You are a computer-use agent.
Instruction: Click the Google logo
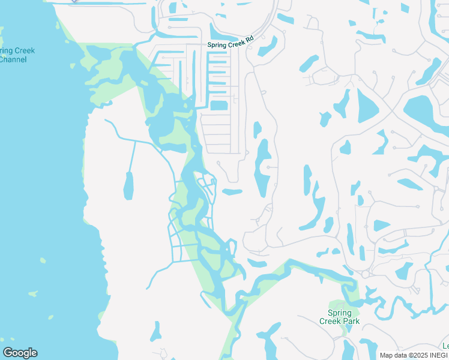coord(20,353)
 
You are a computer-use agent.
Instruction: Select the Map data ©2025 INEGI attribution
coord(414,355)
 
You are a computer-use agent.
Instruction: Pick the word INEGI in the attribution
coord(438,355)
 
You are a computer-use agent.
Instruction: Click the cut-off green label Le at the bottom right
coord(445,346)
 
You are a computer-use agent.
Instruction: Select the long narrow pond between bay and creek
coord(128,186)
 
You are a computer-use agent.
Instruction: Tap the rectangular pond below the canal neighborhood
coord(219,106)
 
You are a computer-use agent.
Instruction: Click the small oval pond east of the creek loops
coord(232,192)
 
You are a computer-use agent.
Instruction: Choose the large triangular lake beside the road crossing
coord(367,105)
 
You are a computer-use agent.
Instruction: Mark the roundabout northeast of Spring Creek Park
coord(365,274)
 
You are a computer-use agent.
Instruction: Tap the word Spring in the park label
coord(340,313)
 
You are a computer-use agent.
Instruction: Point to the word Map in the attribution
coord(387,355)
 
